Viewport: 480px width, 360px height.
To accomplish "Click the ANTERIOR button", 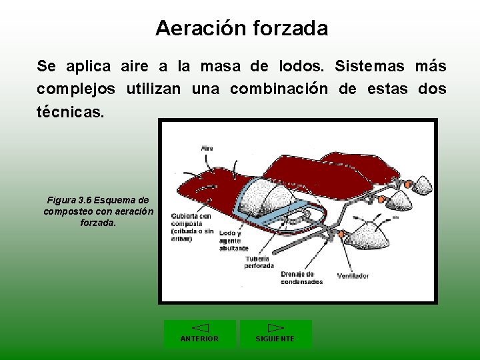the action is point(200,334).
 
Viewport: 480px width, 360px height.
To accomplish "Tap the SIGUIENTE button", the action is point(275,334).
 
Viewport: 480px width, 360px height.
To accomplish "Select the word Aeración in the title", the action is point(201,28).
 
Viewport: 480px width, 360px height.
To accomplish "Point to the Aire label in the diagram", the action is point(207,148).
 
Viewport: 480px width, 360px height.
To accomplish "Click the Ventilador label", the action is point(353,275).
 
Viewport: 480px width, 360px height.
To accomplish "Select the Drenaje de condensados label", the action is point(301,278).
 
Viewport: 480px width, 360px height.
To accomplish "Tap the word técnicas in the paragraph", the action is point(70,111).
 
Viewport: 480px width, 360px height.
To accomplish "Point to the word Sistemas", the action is point(368,66).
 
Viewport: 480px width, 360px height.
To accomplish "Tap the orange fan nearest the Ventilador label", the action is point(341,233).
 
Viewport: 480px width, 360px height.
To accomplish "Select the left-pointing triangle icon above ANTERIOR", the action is point(200,327).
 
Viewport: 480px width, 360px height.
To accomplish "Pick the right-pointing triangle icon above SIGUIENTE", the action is point(275,327).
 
